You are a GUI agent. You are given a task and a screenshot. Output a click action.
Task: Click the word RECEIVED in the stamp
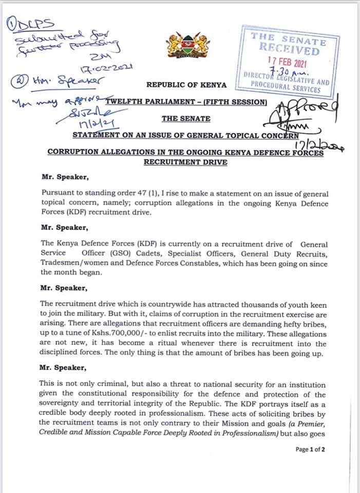point(289,51)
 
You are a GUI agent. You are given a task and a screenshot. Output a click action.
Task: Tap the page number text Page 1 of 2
point(310,449)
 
